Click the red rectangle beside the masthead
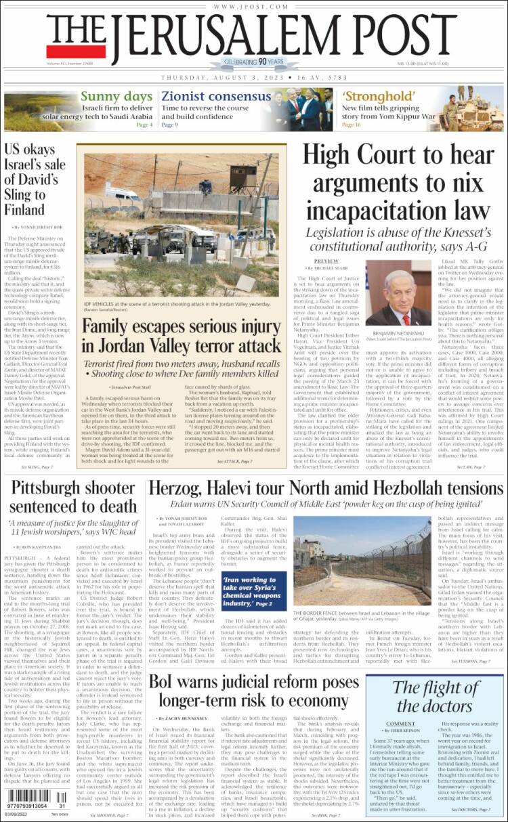[x=76, y=51]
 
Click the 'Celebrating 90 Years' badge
[x=254, y=62]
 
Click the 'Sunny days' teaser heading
[x=116, y=96]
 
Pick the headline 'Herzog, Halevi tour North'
[x=325, y=488]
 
